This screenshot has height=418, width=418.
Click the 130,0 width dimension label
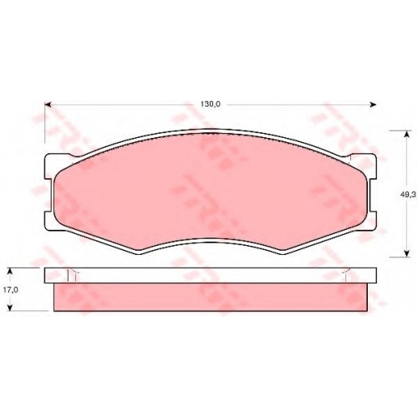(x=211, y=104)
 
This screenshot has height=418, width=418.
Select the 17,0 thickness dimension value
(x=11, y=290)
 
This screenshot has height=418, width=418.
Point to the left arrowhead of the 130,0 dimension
(x=48, y=104)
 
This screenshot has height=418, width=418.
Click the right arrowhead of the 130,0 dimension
(x=373, y=104)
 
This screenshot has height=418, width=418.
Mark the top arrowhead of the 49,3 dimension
(x=407, y=134)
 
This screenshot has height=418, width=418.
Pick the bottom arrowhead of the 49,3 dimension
(x=407, y=253)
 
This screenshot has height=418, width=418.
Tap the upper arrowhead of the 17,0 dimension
(x=10, y=272)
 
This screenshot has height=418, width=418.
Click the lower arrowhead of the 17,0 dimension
(x=10, y=307)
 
